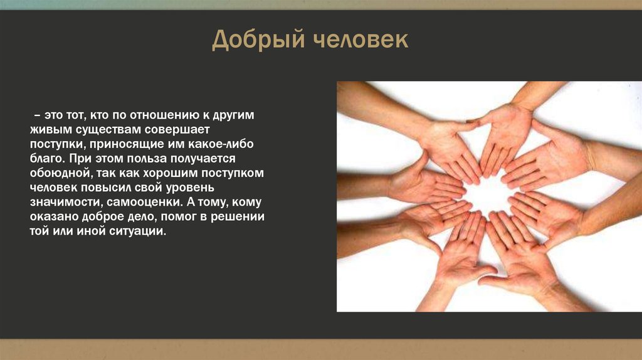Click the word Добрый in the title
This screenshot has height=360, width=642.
[255, 40]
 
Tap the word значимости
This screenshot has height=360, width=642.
[64, 203]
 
